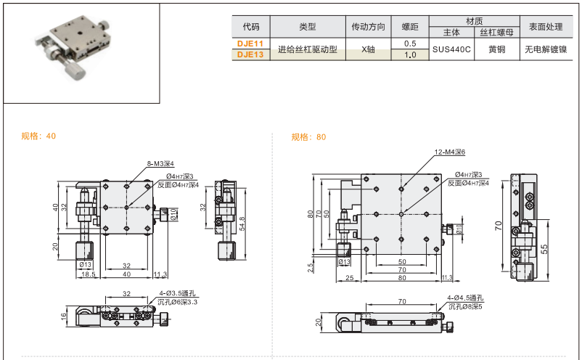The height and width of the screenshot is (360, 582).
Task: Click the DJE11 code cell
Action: pyautogui.click(x=251, y=44)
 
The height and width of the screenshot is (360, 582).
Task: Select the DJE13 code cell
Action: pyautogui.click(x=251, y=54)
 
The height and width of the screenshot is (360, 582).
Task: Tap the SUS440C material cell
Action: pyautogui.click(x=451, y=49)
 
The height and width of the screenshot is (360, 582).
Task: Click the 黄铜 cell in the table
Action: pyautogui.click(x=497, y=49)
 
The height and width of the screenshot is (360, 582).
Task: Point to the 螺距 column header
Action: pyautogui.click(x=410, y=27)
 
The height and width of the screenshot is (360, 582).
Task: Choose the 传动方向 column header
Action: pyautogui.click(x=368, y=27)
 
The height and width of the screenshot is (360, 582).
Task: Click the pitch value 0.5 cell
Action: pyautogui.click(x=410, y=44)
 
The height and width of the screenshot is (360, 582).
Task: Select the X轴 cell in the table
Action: pyautogui.click(x=368, y=49)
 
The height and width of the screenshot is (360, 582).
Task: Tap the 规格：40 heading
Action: pyautogui.click(x=38, y=136)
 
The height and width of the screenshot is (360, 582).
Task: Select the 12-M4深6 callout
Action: pyautogui.click(x=449, y=152)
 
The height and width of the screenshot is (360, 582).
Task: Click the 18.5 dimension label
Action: pyautogui.click(x=87, y=274)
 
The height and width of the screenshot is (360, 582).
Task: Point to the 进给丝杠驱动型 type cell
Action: pyautogui.click(x=307, y=49)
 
